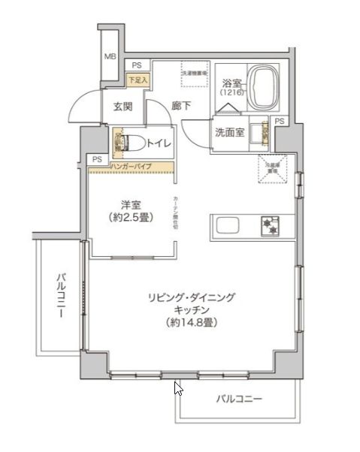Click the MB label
(x=110, y=56)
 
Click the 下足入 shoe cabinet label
(x=138, y=78)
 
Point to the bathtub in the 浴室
(x=264, y=87)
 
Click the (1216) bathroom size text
(x=231, y=92)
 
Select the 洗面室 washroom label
(x=229, y=132)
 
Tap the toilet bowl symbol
(x=129, y=141)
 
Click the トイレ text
(x=159, y=141)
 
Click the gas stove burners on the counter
(x=269, y=224)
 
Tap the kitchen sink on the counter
(x=228, y=224)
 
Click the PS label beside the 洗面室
(x=280, y=122)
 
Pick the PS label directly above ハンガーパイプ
(x=97, y=158)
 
